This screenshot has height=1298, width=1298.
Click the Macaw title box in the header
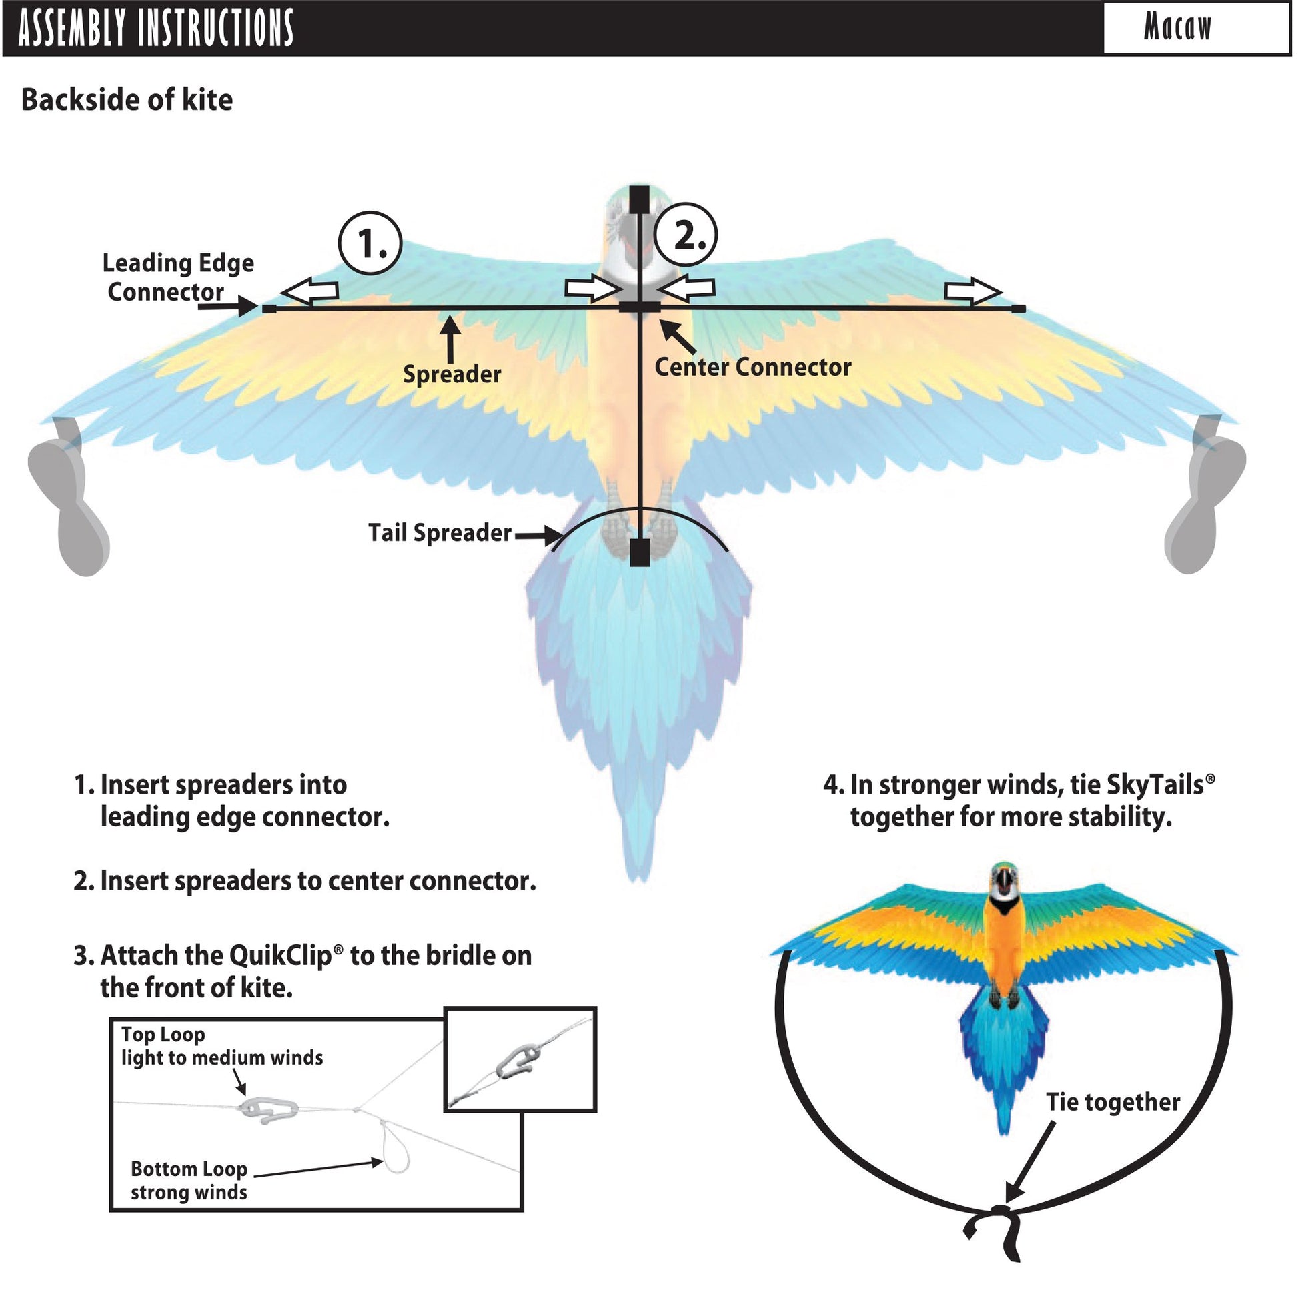point(1195,28)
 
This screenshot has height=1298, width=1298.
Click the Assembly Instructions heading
point(156,28)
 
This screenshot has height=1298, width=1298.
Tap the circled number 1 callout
point(371,243)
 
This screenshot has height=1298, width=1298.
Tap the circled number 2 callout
point(686,236)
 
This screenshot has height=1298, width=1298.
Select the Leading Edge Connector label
point(177,277)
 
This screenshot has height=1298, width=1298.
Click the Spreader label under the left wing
point(452,374)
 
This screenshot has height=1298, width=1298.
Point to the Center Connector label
point(752,367)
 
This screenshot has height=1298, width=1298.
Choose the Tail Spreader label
point(440,533)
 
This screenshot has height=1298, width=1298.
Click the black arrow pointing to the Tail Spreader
point(538,536)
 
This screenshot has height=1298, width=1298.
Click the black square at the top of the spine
point(639,199)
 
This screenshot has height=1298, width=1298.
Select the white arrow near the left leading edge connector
point(309,291)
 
